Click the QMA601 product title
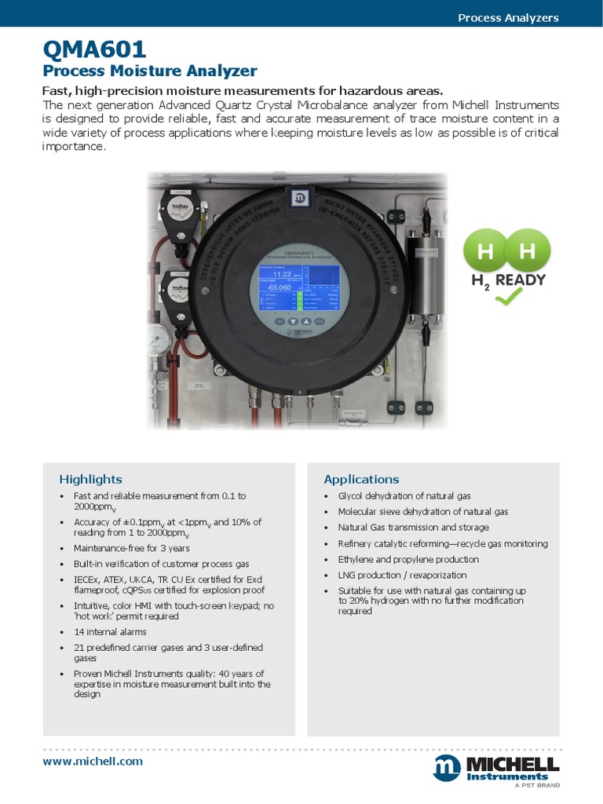tap(94, 50)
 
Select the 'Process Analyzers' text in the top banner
tap(508, 17)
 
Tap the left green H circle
tap(486, 251)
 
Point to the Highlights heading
tap(90, 479)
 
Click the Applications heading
tap(361, 479)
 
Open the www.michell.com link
tap(93, 761)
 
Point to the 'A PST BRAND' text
tap(536, 785)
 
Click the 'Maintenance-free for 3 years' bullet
tap(131, 548)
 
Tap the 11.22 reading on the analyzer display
tap(281, 275)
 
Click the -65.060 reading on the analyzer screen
tap(279, 287)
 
